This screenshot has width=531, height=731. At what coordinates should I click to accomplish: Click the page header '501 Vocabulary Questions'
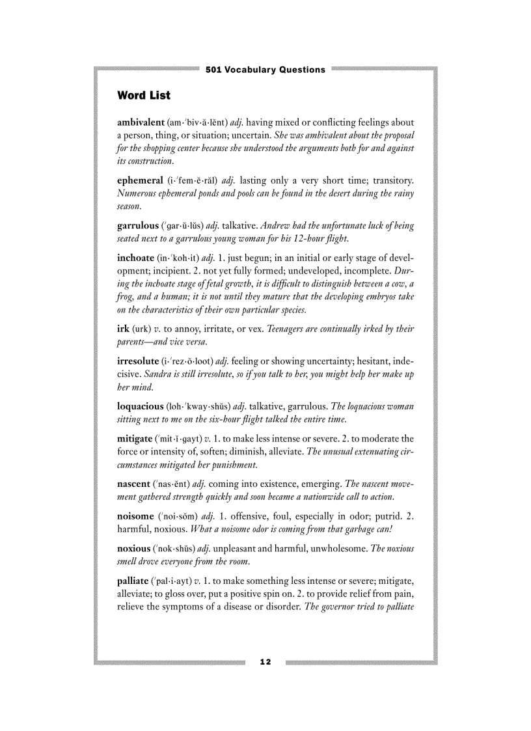[265, 70]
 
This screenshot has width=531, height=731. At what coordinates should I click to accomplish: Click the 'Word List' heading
[144, 96]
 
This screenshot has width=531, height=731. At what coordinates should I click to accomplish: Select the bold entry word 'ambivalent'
[140, 122]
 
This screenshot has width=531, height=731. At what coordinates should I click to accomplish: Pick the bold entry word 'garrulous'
[137, 226]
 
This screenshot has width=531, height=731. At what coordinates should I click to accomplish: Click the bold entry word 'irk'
[122, 329]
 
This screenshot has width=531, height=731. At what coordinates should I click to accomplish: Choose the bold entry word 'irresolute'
[137, 361]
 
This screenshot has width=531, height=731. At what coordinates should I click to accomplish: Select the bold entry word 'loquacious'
[140, 406]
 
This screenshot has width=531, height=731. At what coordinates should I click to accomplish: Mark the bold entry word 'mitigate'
[135, 439]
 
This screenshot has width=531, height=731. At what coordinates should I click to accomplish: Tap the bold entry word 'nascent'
[133, 484]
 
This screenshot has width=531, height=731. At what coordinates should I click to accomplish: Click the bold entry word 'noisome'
[135, 516]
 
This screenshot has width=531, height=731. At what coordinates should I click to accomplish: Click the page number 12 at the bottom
[265, 662]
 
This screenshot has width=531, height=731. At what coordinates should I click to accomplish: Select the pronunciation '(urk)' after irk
[142, 329]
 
